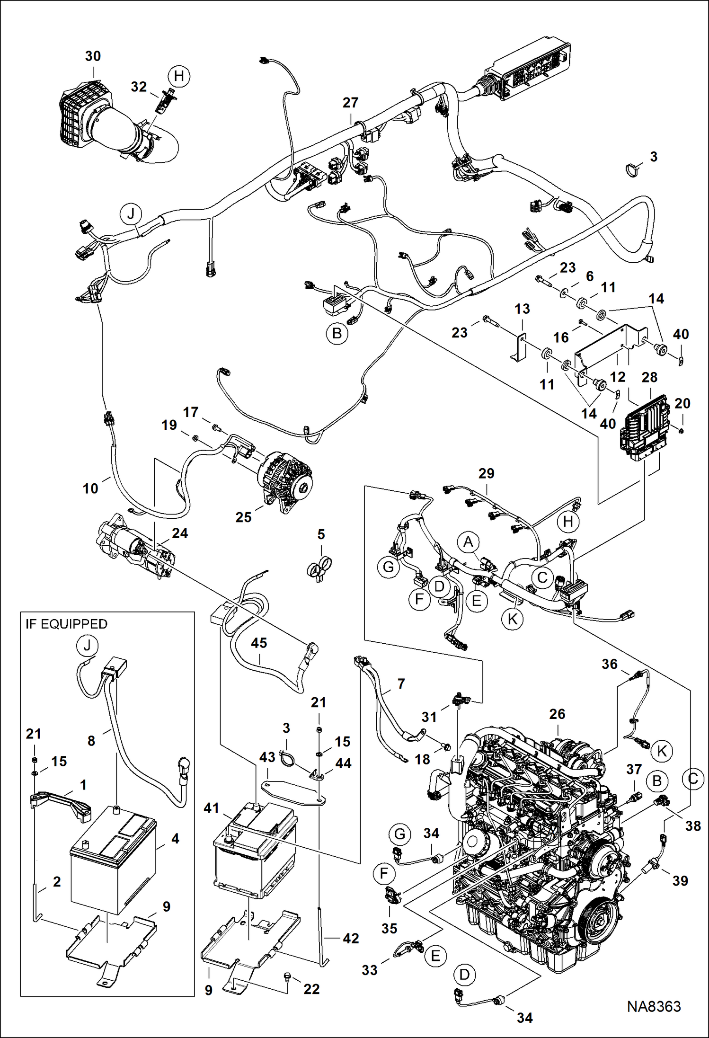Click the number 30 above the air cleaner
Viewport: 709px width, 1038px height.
(x=93, y=56)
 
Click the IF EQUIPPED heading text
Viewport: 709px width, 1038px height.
(x=66, y=624)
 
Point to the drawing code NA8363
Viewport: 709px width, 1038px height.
(x=654, y=1006)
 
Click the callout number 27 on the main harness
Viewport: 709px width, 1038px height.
(x=350, y=103)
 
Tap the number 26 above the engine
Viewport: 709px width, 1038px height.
(x=557, y=714)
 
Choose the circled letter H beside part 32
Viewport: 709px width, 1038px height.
(x=179, y=76)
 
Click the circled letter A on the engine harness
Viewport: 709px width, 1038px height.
(x=468, y=541)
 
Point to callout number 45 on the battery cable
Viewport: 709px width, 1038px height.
(x=259, y=643)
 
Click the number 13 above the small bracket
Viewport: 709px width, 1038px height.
(x=522, y=309)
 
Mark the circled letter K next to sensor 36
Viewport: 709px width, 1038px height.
(x=662, y=751)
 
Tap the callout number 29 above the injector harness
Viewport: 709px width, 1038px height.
(x=486, y=473)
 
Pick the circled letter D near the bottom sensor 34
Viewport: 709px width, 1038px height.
(x=464, y=975)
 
